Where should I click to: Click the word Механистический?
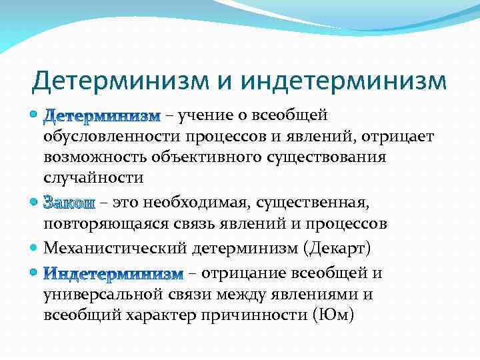(115, 249)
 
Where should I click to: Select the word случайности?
(93, 178)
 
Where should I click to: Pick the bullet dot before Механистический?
(35, 249)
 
